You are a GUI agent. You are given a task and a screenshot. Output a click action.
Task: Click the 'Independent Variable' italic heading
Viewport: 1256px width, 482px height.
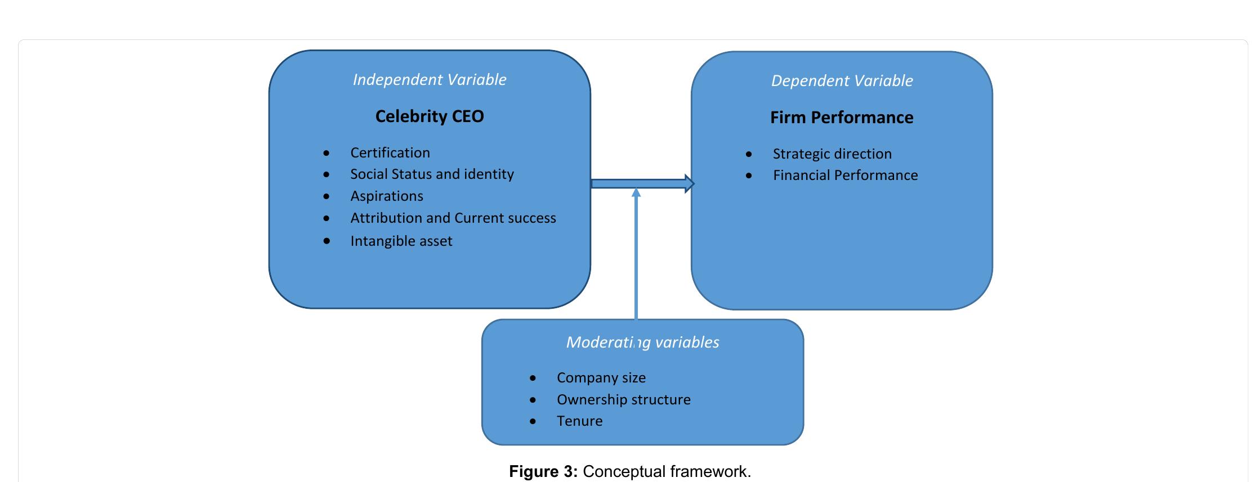(x=429, y=80)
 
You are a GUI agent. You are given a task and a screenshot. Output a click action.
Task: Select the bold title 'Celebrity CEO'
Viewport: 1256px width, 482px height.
(x=429, y=116)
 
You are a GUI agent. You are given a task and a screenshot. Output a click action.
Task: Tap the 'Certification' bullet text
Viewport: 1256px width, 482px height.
(x=390, y=153)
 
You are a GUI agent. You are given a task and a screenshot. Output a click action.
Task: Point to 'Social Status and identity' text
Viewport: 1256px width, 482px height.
(x=432, y=174)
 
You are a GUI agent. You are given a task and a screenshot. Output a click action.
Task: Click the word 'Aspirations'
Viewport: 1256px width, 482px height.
(x=386, y=196)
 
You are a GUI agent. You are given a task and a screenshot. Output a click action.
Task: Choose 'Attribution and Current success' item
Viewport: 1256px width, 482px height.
(x=453, y=218)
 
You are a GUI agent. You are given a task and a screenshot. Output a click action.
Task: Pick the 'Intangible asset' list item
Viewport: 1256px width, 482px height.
(x=401, y=241)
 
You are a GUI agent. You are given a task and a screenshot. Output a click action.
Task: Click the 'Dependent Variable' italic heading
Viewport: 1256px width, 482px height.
(x=842, y=81)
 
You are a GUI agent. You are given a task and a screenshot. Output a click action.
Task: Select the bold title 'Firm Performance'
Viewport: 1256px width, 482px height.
(x=841, y=118)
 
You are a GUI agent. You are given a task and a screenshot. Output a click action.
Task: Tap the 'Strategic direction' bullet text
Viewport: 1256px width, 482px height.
(x=832, y=154)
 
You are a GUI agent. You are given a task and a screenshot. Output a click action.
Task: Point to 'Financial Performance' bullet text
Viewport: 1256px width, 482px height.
(x=844, y=175)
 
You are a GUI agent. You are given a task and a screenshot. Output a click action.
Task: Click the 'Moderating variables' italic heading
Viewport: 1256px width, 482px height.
(x=642, y=343)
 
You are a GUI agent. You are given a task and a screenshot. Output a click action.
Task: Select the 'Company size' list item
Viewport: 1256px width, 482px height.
(x=601, y=378)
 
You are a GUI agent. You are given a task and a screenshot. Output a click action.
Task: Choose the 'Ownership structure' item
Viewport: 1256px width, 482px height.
(x=623, y=400)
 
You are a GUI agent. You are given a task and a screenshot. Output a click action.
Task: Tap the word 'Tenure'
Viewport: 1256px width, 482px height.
(x=579, y=421)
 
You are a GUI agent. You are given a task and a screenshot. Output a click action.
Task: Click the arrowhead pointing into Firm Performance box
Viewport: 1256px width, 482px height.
(x=689, y=183)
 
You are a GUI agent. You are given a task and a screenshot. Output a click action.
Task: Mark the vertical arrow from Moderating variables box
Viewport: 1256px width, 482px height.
(x=636, y=253)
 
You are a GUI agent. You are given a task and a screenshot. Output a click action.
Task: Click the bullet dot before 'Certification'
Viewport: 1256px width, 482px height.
(x=327, y=153)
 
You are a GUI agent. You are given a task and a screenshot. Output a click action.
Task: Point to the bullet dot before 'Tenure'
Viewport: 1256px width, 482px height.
(x=533, y=421)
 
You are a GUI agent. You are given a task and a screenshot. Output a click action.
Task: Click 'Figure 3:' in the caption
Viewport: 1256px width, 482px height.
(x=543, y=471)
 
